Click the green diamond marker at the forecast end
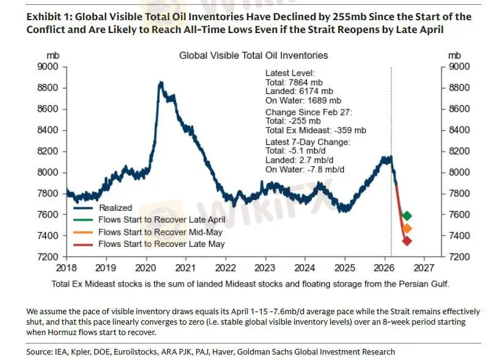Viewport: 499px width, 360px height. coord(407,216)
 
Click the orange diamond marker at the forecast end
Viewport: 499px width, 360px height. coord(407,228)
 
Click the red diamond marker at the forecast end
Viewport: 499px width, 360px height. coord(407,241)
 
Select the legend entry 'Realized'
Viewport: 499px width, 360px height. coord(116,208)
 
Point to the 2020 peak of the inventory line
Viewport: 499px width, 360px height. coord(160,83)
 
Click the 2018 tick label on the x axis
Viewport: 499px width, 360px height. coord(67,268)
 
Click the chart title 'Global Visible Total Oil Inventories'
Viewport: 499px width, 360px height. coord(253,56)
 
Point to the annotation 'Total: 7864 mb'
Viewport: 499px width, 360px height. coord(294,83)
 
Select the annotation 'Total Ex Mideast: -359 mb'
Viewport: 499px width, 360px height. coord(316,130)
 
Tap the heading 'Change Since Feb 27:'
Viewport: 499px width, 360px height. coord(305,112)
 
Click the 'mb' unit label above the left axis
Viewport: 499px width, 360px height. coord(53,56)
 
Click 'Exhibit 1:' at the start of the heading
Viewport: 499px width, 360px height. coord(48,17)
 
